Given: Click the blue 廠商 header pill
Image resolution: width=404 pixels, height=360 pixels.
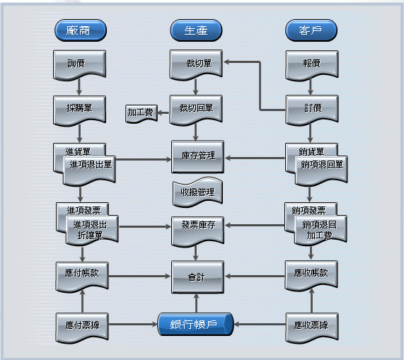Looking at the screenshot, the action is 81,30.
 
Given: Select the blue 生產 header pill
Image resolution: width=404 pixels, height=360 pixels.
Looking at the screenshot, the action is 196,30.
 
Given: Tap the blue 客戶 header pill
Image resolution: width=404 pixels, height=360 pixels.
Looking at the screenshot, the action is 311,30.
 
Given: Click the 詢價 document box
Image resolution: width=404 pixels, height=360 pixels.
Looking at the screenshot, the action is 79,65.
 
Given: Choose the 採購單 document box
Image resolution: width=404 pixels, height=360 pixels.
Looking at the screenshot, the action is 79,111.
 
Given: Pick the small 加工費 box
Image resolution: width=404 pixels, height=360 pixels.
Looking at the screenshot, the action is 142,113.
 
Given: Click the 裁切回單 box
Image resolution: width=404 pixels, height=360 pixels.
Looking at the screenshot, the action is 196,110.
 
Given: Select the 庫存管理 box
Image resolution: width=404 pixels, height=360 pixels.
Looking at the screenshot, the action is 197,156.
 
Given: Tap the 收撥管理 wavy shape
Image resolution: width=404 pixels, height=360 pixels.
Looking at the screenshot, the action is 197,192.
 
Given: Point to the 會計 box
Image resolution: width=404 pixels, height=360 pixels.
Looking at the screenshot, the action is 197,277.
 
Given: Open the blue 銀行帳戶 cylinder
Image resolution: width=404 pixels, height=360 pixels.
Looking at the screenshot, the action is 195,324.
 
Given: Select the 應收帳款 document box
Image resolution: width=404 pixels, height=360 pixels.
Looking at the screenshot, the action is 311,276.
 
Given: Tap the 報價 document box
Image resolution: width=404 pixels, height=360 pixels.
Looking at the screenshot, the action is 312,65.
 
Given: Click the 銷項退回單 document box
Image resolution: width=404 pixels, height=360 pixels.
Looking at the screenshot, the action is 321,170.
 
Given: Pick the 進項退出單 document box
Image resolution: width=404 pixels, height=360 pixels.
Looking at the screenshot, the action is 89,170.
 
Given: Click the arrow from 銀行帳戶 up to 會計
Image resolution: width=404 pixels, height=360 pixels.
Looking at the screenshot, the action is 196,303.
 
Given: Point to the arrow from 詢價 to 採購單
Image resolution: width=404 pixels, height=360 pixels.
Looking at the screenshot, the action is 79,87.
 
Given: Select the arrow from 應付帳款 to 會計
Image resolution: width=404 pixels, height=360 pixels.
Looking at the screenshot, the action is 139,277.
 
